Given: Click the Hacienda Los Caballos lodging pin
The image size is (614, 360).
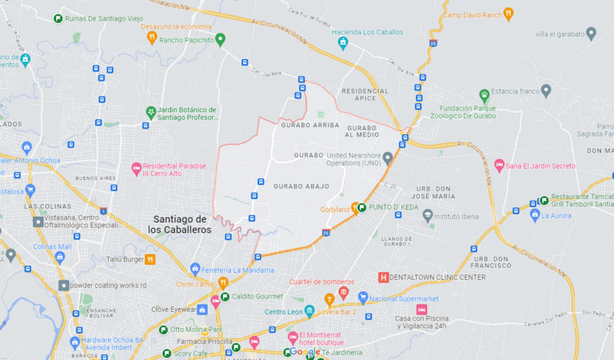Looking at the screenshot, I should point(343,42).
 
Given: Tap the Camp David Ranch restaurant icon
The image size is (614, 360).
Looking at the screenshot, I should point(508,14).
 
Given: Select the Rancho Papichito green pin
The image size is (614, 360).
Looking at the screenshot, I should point(221,38).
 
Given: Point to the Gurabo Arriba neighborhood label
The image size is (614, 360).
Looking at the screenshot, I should point(310,126).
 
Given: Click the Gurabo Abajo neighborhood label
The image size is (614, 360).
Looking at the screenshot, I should point(301,186).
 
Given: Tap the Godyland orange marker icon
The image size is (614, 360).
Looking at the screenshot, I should point(356,207).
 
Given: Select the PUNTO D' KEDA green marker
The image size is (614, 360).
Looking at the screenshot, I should point(362,207).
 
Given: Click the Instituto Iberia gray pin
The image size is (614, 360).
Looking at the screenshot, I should point(428,215).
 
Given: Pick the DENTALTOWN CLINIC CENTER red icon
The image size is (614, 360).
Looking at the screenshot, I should point(383,277).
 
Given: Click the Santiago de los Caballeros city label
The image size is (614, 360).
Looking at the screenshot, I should point(180,224).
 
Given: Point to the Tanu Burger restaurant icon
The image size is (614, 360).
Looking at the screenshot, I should point(150,258).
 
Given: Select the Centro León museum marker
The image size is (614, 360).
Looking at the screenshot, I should point(309,311).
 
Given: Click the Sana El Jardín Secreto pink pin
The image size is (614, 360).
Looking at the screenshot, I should point(499,166).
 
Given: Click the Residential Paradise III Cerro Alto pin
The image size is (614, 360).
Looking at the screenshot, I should point(136,169).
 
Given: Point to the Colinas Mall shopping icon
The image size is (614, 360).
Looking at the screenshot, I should point(60,258).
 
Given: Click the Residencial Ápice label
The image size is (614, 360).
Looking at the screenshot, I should point(365,94).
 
